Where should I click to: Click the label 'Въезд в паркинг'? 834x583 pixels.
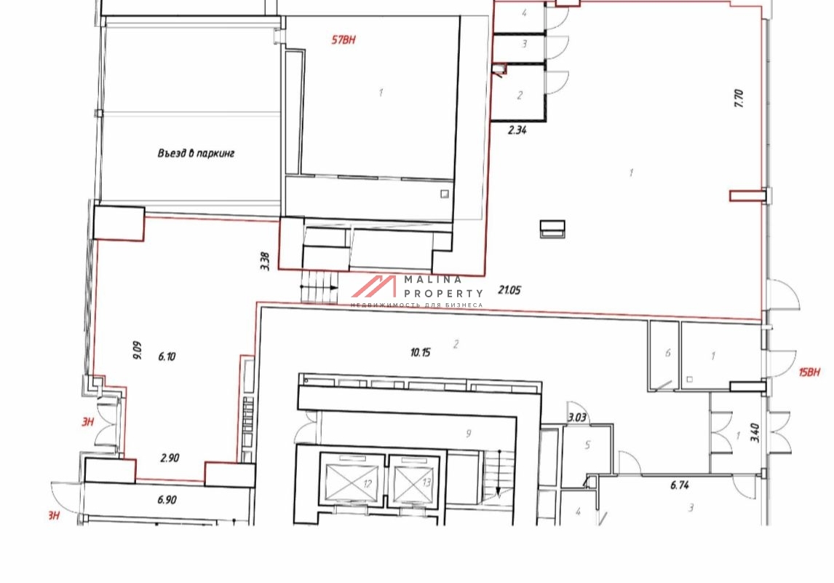coord(196,153)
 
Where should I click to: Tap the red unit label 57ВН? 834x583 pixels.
coord(343,40)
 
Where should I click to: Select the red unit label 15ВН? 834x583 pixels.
coord(809,372)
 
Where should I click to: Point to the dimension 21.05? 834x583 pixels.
coord(509,290)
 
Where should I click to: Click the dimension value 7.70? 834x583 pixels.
coord(739,98)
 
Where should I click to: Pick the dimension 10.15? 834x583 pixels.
coord(420,352)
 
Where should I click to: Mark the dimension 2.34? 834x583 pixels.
coord(517,130)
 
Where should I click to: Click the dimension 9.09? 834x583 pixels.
coord(138,351)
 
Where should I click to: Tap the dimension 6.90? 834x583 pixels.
coord(167,500)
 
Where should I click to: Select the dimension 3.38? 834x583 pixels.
coord(266,261)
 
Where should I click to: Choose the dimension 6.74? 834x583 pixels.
coord(680,485)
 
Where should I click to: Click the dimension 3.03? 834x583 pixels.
coord(577,417)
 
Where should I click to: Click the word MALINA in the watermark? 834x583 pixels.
coord(433,279)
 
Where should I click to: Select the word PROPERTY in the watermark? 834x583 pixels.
coord(444,294)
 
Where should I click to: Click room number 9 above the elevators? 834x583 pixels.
coord(468,434)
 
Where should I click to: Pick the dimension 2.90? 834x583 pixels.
coord(170,458)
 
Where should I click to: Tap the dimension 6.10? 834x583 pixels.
coord(167,356)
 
